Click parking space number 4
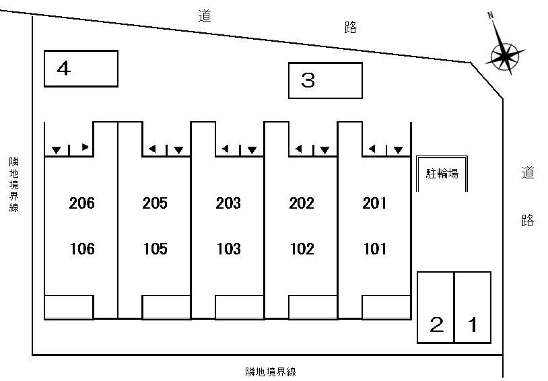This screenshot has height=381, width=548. (81, 69)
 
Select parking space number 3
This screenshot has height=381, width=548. (325, 80)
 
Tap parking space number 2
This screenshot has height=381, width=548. (436, 307)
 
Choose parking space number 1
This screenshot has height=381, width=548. (473, 307)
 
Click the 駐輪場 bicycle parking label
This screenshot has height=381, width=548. (442, 174)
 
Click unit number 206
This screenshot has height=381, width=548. (81, 203)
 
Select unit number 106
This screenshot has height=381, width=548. (82, 249)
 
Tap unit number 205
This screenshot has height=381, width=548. (155, 203)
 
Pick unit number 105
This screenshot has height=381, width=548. (156, 249)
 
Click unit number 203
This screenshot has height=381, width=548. (228, 203)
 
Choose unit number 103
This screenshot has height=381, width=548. (229, 249)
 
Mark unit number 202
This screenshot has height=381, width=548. (302, 203)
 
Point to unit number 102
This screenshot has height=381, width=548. (302, 249)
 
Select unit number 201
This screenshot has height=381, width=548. (375, 203)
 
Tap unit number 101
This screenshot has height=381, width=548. (376, 249)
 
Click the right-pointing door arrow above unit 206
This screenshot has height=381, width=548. (85, 147)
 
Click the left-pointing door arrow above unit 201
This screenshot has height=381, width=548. (372, 149)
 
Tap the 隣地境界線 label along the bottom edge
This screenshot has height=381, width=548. (271, 372)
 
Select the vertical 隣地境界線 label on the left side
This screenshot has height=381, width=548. (13, 185)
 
